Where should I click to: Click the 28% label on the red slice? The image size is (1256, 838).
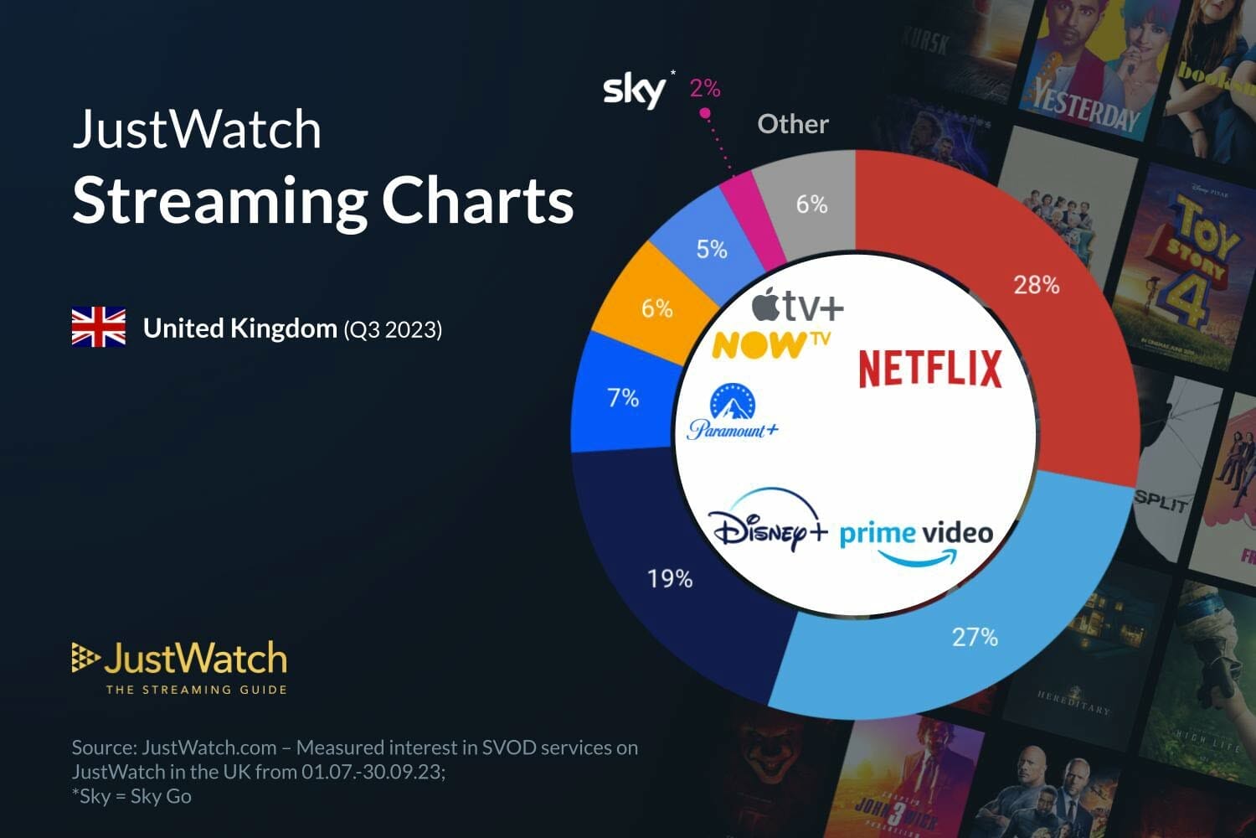pos(1037,286)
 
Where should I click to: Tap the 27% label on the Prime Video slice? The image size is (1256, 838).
pos(975,638)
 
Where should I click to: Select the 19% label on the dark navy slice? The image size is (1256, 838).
pos(670,579)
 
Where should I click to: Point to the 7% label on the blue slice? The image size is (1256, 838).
pos(623,397)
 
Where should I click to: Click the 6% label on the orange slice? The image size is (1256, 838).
pos(656,308)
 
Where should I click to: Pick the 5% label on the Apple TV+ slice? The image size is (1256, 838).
pos(712,249)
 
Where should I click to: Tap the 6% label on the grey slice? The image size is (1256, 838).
pos(811,204)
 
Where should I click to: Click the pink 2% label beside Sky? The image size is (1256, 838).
pos(705,88)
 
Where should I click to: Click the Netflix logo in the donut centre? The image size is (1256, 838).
pos(930,370)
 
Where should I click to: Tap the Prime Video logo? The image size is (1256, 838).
pos(916,541)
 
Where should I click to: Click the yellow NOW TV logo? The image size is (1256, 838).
pos(770,344)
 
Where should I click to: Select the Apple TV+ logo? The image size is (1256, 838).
pos(797,306)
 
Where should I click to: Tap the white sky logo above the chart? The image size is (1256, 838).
pos(635,90)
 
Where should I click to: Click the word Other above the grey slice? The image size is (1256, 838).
pos(793,124)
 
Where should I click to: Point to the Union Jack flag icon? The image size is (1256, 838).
pos(99,328)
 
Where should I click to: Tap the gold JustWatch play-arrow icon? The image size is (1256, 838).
pos(85,659)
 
